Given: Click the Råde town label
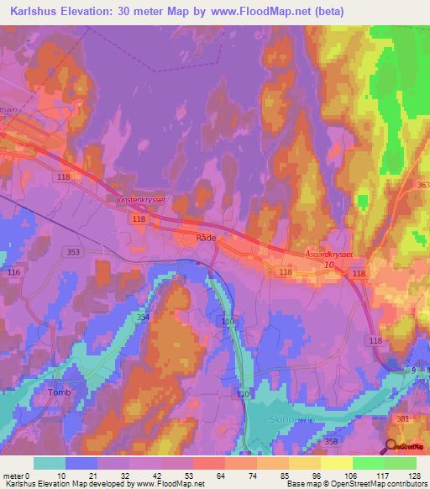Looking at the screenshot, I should tap(206, 239).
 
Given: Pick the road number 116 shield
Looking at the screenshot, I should tap(13, 273).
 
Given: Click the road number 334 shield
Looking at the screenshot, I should tap(143, 317).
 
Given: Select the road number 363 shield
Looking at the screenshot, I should tap(422, 185).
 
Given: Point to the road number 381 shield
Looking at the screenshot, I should tap(404, 419).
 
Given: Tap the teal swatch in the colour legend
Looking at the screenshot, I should tap(50, 463).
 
